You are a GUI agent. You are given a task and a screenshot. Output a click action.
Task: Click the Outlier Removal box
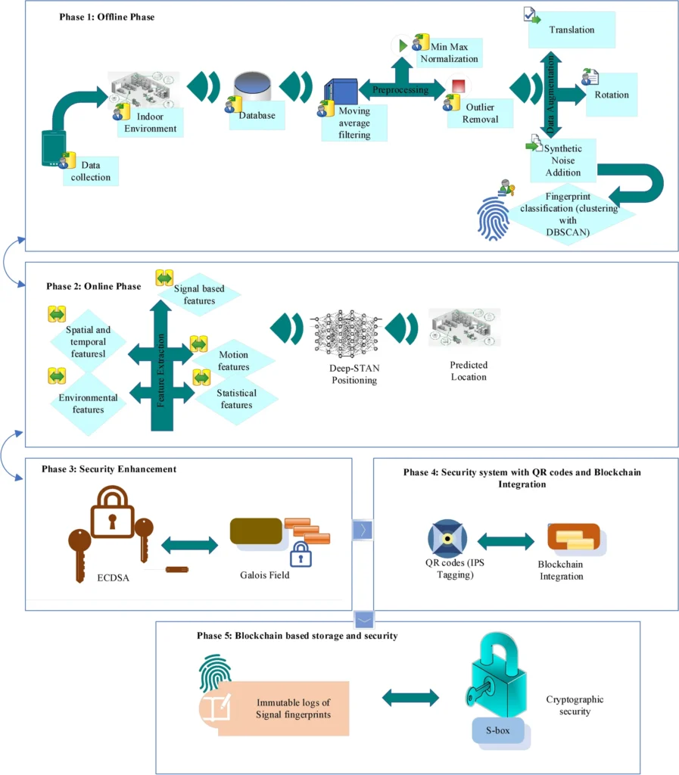tap(481, 113)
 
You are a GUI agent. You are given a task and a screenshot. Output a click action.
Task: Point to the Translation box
tap(572, 30)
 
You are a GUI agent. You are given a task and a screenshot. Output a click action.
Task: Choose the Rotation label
tap(612, 95)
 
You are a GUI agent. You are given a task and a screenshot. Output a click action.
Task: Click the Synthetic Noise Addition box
tap(563, 160)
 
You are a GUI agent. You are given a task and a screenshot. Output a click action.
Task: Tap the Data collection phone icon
tap(53, 149)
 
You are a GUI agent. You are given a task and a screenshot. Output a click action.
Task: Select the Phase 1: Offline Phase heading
tap(107, 17)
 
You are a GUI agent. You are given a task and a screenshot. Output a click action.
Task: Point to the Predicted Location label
tap(469, 371)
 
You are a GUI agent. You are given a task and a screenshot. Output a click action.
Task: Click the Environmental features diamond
tap(89, 403)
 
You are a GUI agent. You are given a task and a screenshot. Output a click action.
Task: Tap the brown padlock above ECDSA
tap(112, 512)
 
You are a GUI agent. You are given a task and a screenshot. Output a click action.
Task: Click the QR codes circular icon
tap(447, 539)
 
